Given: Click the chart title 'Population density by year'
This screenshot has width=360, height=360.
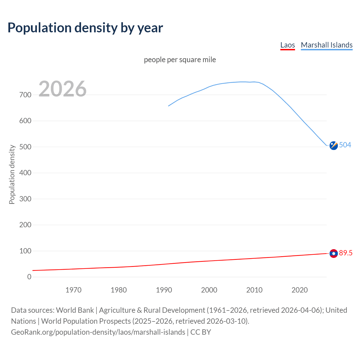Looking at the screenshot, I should (85, 28).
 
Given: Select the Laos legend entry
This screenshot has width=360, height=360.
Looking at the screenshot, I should (287, 45).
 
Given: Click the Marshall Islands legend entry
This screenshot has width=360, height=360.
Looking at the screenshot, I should (327, 45).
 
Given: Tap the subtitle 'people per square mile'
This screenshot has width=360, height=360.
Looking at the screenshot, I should (180, 60).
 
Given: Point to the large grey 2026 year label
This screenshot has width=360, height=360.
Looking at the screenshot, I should (62, 89).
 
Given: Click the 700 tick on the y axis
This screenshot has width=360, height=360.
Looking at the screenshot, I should (25, 95).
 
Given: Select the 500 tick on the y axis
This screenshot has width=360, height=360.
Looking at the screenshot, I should (25, 147).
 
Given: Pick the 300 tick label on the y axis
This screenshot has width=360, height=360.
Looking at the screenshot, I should (25, 199).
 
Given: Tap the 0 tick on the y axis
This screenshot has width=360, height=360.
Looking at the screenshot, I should (29, 277).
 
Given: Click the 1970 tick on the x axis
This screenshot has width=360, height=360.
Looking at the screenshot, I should (73, 290).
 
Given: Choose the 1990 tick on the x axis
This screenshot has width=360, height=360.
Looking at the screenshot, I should (164, 290).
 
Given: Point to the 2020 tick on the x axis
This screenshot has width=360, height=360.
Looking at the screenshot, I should (300, 290).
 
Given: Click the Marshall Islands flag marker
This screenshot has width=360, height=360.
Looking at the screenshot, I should (334, 145).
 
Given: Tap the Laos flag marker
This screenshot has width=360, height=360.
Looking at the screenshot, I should (334, 253).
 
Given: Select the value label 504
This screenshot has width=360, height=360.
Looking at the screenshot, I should (345, 145).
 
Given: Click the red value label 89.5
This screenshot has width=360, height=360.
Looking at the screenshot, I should (346, 253).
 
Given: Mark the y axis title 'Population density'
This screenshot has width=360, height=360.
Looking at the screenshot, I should (12, 174).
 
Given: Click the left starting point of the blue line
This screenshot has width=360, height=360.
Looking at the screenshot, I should (168, 106).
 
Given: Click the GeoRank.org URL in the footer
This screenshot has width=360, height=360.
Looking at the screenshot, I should (98, 332).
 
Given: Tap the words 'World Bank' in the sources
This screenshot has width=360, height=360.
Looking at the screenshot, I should (75, 310).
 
